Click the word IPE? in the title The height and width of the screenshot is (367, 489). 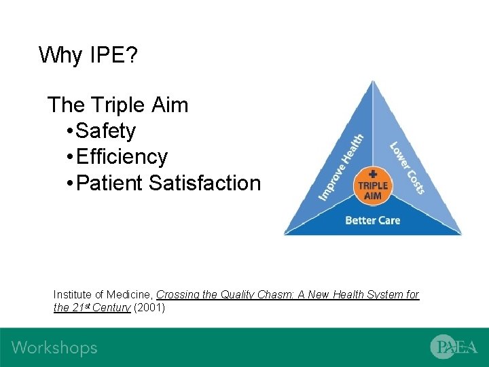[113, 54]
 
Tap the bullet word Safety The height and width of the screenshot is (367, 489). [106, 131]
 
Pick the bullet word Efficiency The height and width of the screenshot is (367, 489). [122, 157]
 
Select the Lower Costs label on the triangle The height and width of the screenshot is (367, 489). [407, 167]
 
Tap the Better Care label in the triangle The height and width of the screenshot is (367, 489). [372, 220]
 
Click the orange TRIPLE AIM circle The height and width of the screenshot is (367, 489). [372, 186]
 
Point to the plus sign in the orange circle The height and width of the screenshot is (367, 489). [372, 174]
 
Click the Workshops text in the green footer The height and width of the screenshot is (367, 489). [54, 348]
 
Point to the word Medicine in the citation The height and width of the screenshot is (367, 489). [132, 295]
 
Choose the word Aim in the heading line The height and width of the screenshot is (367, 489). [170, 105]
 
